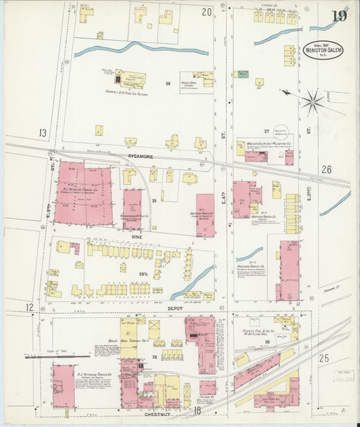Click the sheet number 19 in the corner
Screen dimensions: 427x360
[x=339, y=16]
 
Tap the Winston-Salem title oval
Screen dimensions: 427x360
[x=322, y=52]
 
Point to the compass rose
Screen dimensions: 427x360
[x=312, y=102]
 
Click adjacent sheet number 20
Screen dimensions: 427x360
[x=206, y=12]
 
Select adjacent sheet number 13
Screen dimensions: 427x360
[x=43, y=133]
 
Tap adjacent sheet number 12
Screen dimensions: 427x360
[x=30, y=307]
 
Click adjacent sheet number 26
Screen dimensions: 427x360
[x=326, y=170]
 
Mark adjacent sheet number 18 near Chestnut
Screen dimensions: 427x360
[x=197, y=410]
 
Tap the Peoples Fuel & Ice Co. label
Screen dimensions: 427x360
[x=256, y=332]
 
